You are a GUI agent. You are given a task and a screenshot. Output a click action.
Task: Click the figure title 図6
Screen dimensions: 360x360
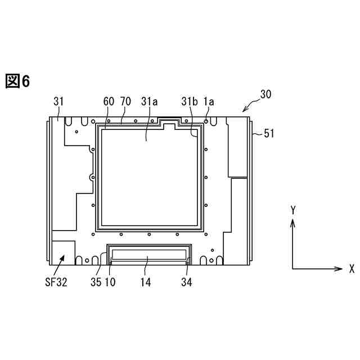pos(17,81)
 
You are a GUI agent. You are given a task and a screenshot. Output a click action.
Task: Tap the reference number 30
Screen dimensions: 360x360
pos(265,94)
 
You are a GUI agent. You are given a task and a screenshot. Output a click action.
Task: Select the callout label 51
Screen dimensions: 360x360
pos(269,133)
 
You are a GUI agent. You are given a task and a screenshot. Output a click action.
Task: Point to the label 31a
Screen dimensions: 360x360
pos(149,101)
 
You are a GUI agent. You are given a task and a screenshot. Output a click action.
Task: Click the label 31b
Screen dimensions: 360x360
pos(189,101)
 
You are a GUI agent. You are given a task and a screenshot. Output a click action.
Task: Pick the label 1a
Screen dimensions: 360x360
pos(209,101)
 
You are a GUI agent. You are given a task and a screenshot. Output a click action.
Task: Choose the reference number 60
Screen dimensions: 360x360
pos(109,101)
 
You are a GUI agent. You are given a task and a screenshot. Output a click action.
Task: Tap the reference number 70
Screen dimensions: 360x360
pos(125,101)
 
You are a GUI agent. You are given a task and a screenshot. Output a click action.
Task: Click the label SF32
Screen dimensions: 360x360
pos(56,282)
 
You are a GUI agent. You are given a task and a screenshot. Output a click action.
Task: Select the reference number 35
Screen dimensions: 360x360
pos(96,282)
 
